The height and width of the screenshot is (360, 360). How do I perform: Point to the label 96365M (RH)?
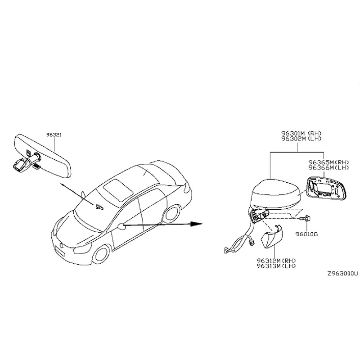328,162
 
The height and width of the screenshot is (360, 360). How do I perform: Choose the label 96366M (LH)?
328,167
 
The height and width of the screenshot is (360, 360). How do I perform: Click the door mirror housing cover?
275,193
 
